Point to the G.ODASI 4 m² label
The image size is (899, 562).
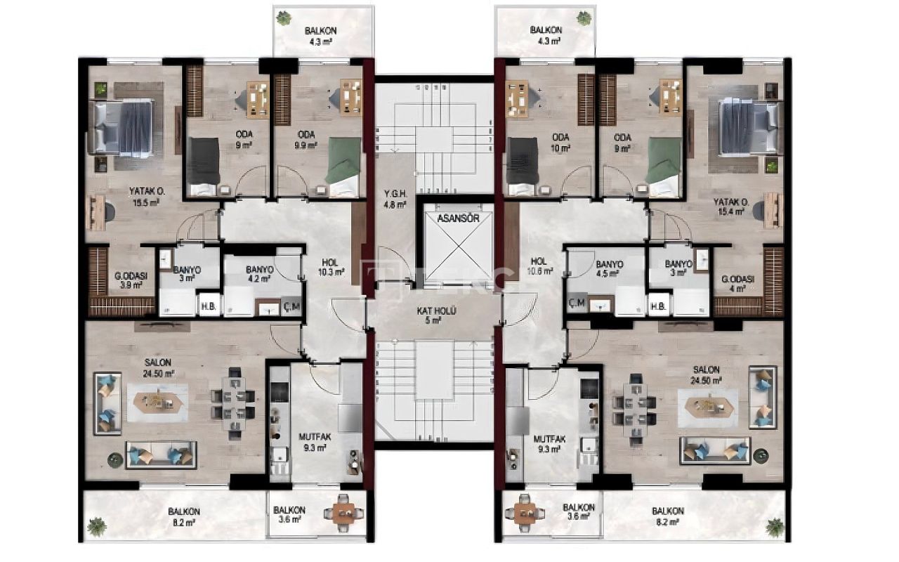pyautogui.click(x=737, y=282)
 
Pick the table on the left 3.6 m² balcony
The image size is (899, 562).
pyautogui.click(x=344, y=515)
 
